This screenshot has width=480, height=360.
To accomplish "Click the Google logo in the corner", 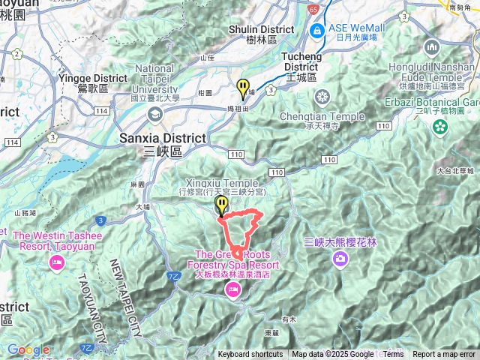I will click(x=28, y=349).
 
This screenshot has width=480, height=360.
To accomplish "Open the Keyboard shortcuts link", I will click(x=250, y=355).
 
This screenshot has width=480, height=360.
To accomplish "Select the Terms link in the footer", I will click(x=393, y=355).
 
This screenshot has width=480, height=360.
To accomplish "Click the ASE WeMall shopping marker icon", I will click(x=318, y=31).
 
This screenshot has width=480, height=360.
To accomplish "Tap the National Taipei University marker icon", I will click(x=155, y=114).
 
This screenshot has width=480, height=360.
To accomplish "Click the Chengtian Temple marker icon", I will click(x=322, y=97).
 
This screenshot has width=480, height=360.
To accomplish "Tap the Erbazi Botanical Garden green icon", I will click(x=440, y=127).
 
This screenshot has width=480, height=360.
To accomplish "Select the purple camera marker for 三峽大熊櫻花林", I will click(x=340, y=259).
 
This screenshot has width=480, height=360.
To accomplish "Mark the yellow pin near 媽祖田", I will click(x=242, y=88).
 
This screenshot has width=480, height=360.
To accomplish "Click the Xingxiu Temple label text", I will click(x=219, y=183).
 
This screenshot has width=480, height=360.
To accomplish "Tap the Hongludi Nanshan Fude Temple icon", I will click(x=431, y=47).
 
